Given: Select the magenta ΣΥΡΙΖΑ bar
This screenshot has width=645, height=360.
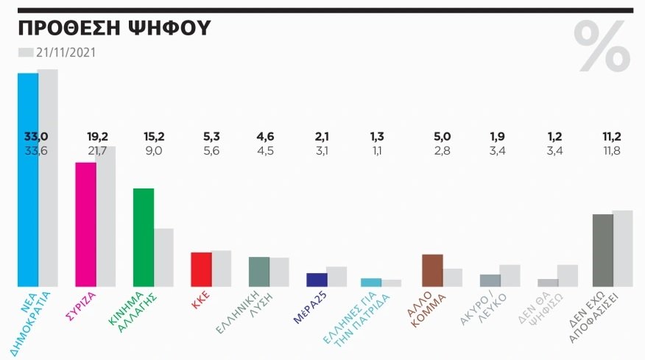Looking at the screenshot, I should tap(85, 224).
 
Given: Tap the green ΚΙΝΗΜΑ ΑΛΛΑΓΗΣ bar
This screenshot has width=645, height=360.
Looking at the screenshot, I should tap(143, 237).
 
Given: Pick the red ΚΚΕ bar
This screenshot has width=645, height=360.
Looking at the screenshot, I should tap(201, 269).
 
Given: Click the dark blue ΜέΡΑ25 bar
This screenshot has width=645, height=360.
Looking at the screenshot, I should tap(317, 279).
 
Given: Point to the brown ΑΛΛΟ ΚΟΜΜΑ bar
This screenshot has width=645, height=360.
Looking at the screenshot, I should tap(432, 270).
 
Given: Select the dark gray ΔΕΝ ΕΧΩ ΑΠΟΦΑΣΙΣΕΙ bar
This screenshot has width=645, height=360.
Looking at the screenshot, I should tap(602, 250).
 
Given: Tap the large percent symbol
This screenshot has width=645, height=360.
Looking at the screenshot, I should tap(602, 46).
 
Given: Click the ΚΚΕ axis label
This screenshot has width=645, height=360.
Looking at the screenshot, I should tap(202, 302).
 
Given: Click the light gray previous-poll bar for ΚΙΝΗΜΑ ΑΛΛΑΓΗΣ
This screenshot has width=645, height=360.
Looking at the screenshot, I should tap(163, 257).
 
